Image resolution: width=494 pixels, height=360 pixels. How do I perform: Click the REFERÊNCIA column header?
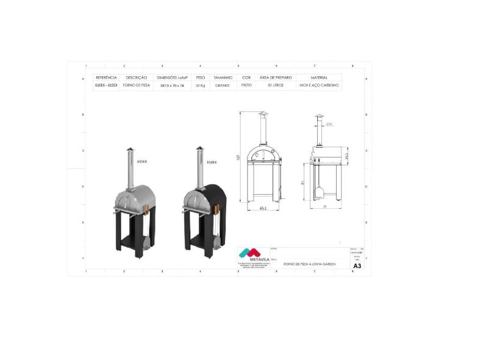pyautogui.click(x=106, y=78)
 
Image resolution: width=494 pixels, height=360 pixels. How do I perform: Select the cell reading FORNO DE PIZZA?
pyautogui.click(x=137, y=86)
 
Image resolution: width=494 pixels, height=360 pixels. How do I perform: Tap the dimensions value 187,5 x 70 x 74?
pyautogui.click(x=172, y=86)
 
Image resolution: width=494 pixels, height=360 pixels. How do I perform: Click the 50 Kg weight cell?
pyautogui.click(x=200, y=86)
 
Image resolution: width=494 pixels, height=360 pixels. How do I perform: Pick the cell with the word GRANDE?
pyautogui.click(x=223, y=86)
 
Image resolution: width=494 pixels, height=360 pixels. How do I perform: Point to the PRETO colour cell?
pyautogui.click(x=246, y=86)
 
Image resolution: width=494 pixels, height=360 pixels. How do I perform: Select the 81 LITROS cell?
pyautogui.click(x=276, y=86)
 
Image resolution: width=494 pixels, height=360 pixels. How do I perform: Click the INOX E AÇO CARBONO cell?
pyautogui.click(x=318, y=86)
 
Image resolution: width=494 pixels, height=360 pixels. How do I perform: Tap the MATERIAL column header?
pyautogui.click(x=318, y=78)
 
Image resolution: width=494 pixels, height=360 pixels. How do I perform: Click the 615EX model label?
pyautogui.click(x=142, y=162)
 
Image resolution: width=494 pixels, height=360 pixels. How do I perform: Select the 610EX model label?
pyautogui.click(x=212, y=162)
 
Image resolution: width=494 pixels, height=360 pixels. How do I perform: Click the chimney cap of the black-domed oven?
pyautogui.click(x=198, y=149)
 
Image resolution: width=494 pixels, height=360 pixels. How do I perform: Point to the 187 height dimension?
pyautogui.click(x=239, y=157)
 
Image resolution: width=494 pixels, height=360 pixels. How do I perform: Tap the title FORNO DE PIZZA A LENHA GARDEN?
pyautogui.click(x=309, y=264)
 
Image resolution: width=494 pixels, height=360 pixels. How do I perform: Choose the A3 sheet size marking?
pyautogui.click(x=357, y=266)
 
